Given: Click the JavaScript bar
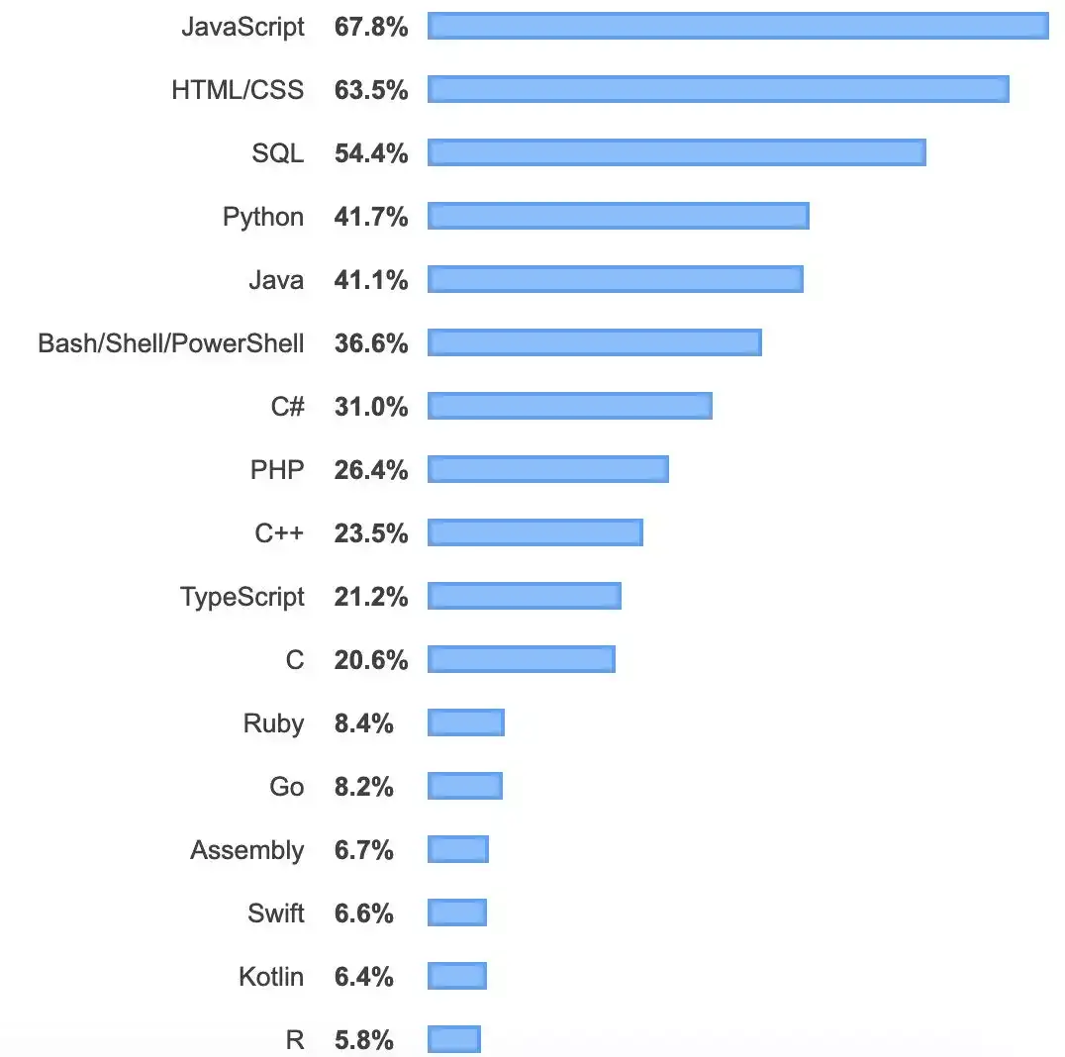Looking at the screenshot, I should pyautogui.click(x=737, y=27).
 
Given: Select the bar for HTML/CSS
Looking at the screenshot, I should pyautogui.click(x=718, y=90).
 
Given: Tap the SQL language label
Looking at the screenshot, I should pyautogui.click(x=278, y=153).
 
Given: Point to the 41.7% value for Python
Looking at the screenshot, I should pyautogui.click(x=371, y=217).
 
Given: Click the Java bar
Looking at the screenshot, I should pyautogui.click(x=615, y=280).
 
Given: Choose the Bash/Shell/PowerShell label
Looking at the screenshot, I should pyautogui.click(x=171, y=343).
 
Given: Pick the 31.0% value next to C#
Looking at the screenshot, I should pyautogui.click(x=371, y=407).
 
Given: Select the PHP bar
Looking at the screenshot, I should pyautogui.click(x=547, y=470).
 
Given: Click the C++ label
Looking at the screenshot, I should pyautogui.click(x=279, y=533).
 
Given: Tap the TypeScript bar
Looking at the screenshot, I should pyautogui.click(x=524, y=597).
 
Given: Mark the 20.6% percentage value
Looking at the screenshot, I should pyautogui.click(x=371, y=660).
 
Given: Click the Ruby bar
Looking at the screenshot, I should pyautogui.click(x=465, y=723).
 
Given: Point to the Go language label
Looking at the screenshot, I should pyautogui.click(x=287, y=787).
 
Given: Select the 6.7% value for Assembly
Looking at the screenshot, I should pyautogui.click(x=364, y=850).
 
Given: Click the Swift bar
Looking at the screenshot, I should pyautogui.click(x=457, y=913).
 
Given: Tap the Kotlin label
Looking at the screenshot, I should pyautogui.click(x=271, y=977).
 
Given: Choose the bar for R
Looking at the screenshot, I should pyautogui.click(x=453, y=1040).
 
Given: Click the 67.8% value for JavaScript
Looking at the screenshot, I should pyautogui.click(x=371, y=27).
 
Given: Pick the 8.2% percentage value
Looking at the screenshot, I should pyautogui.click(x=364, y=787).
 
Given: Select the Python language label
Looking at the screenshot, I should pyautogui.click(x=263, y=217).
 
